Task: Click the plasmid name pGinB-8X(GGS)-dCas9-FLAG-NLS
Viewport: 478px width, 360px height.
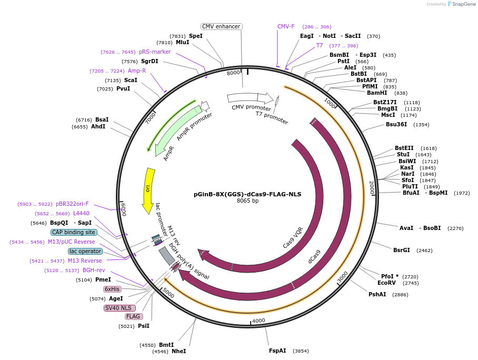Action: coord(247,194)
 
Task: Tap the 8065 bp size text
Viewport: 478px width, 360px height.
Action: coord(247,201)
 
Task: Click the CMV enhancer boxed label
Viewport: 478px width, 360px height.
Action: coord(222,26)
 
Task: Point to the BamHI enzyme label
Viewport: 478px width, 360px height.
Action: coord(377,93)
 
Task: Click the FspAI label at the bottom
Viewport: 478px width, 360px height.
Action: coord(277,351)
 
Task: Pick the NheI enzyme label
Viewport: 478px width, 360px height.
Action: coord(178,351)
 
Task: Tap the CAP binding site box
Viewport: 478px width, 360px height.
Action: coord(74,232)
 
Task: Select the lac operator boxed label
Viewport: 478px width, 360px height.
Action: coord(85,251)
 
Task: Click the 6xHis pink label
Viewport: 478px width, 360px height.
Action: coord(112,289)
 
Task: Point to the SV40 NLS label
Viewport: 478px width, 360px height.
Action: coord(119,308)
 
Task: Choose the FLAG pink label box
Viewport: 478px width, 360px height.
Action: coord(134,316)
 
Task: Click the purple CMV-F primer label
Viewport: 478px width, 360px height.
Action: coord(286,26)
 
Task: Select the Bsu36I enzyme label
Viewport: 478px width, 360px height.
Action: coord(396,124)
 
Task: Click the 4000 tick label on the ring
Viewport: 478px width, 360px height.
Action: coord(258,321)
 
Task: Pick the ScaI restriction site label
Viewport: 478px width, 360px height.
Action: coord(131,80)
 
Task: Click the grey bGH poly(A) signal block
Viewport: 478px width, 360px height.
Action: coord(167,255)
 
